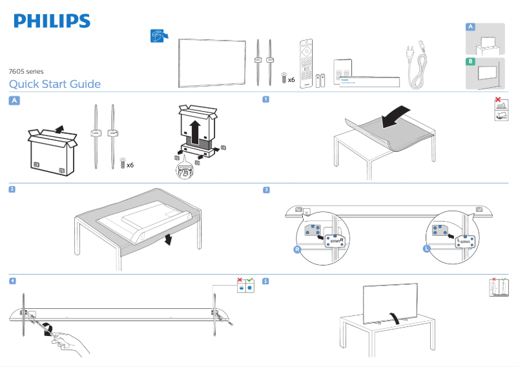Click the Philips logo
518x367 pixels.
click(52, 21)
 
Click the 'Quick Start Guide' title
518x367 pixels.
click(55, 84)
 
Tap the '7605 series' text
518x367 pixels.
click(26, 71)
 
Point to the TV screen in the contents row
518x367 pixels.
click(212, 63)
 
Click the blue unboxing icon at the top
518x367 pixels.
click(157, 35)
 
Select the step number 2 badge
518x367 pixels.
click(12, 189)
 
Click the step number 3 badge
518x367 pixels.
click(266, 189)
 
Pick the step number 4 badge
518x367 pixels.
click(12, 281)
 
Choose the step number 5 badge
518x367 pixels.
click(266, 281)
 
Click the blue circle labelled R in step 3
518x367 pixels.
click(297, 249)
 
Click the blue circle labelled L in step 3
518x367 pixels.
click(427, 248)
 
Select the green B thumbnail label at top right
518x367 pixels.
click(471, 62)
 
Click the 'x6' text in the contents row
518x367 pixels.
click(291, 80)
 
